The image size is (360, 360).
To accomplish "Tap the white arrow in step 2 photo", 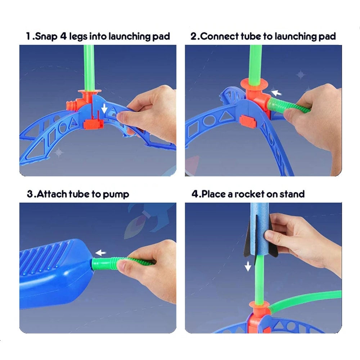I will click(x=276, y=93).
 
